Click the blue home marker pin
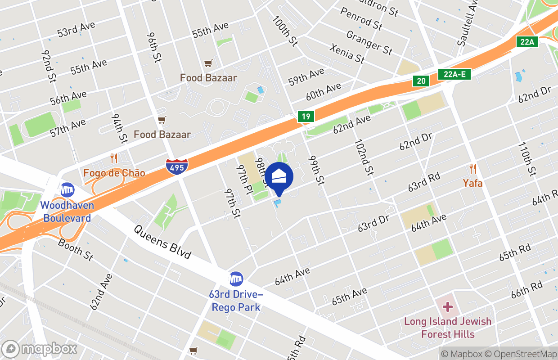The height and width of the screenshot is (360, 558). point(279,177)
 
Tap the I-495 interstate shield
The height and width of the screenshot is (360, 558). point(177,166)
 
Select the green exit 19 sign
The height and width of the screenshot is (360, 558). point(306,117)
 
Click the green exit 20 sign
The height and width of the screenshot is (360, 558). point(421,81)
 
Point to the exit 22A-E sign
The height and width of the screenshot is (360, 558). point(454,74)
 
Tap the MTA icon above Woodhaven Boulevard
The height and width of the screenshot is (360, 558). point(67,189)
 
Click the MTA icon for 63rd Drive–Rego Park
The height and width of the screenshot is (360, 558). point(236,279)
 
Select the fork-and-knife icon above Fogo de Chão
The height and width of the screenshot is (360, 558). point(114,158)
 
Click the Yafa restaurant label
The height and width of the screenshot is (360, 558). point(472,183)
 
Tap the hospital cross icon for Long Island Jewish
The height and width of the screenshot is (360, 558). point(447,307)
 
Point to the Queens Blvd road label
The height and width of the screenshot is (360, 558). point(162,242)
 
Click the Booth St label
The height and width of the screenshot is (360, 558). point(76,249)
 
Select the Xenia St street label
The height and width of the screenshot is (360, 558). point(347,54)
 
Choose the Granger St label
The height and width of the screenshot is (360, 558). point(369,42)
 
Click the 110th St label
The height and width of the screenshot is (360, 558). point(527,159)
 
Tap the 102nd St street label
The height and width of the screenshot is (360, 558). point(364,157)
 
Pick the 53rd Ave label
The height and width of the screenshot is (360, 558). point(76,29)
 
